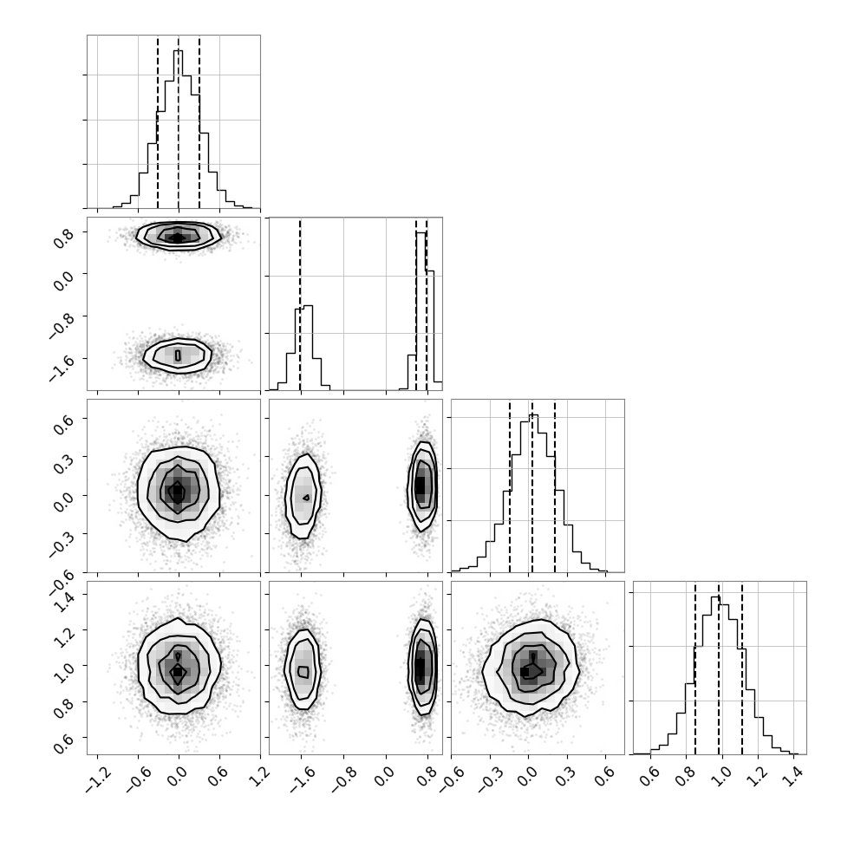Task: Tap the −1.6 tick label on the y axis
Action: pyautogui.click(x=62, y=365)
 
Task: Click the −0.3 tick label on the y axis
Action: pyautogui.click(x=62, y=542)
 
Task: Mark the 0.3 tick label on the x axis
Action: pyautogui.click(x=564, y=776)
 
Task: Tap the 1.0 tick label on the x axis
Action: pyautogui.click(x=720, y=776)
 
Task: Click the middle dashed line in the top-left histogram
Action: pyautogui.click(x=179, y=121)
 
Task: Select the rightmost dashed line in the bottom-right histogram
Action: pyautogui.click(x=742, y=668)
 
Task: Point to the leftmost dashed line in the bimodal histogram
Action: pyautogui.click(x=300, y=304)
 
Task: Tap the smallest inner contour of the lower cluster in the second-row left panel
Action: pyautogui.click(x=179, y=355)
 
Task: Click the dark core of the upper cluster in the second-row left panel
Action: pyautogui.click(x=178, y=237)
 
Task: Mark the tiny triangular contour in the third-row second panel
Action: pyautogui.click(x=306, y=498)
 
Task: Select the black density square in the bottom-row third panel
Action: pyautogui.click(x=525, y=672)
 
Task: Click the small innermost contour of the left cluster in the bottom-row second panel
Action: pyautogui.click(x=303, y=672)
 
